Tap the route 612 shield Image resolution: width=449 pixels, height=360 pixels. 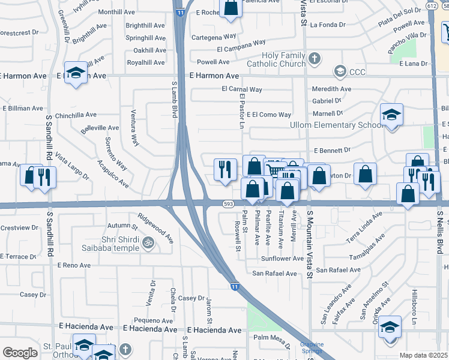coord(432,5)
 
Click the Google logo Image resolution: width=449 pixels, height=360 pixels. coord(20,353)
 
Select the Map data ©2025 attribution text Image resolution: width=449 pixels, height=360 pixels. coord(424,355)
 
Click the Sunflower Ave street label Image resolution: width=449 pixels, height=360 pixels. coord(283,259)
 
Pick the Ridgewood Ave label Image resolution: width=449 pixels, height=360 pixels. coord(155,228)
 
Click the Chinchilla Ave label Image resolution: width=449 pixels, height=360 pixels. coord(76,115)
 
